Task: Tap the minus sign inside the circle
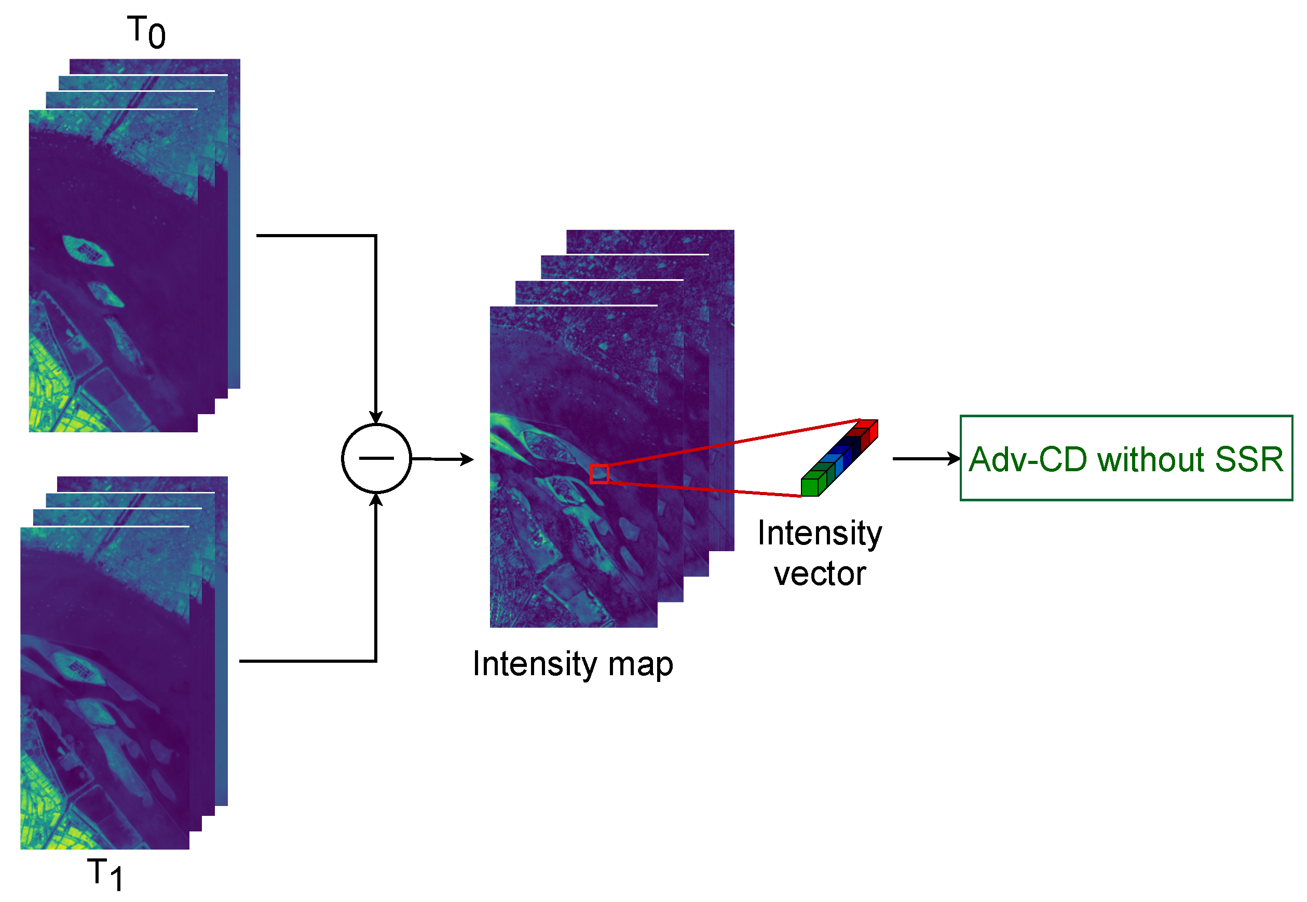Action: pyautogui.click(x=376, y=458)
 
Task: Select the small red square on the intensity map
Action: pyautogui.click(x=598, y=474)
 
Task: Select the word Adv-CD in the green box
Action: pyautogui.click(x=1028, y=459)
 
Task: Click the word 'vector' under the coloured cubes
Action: pyautogui.click(x=820, y=574)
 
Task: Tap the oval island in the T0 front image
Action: pyautogui.click(x=88, y=250)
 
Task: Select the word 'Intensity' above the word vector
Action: pyautogui.click(x=820, y=533)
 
